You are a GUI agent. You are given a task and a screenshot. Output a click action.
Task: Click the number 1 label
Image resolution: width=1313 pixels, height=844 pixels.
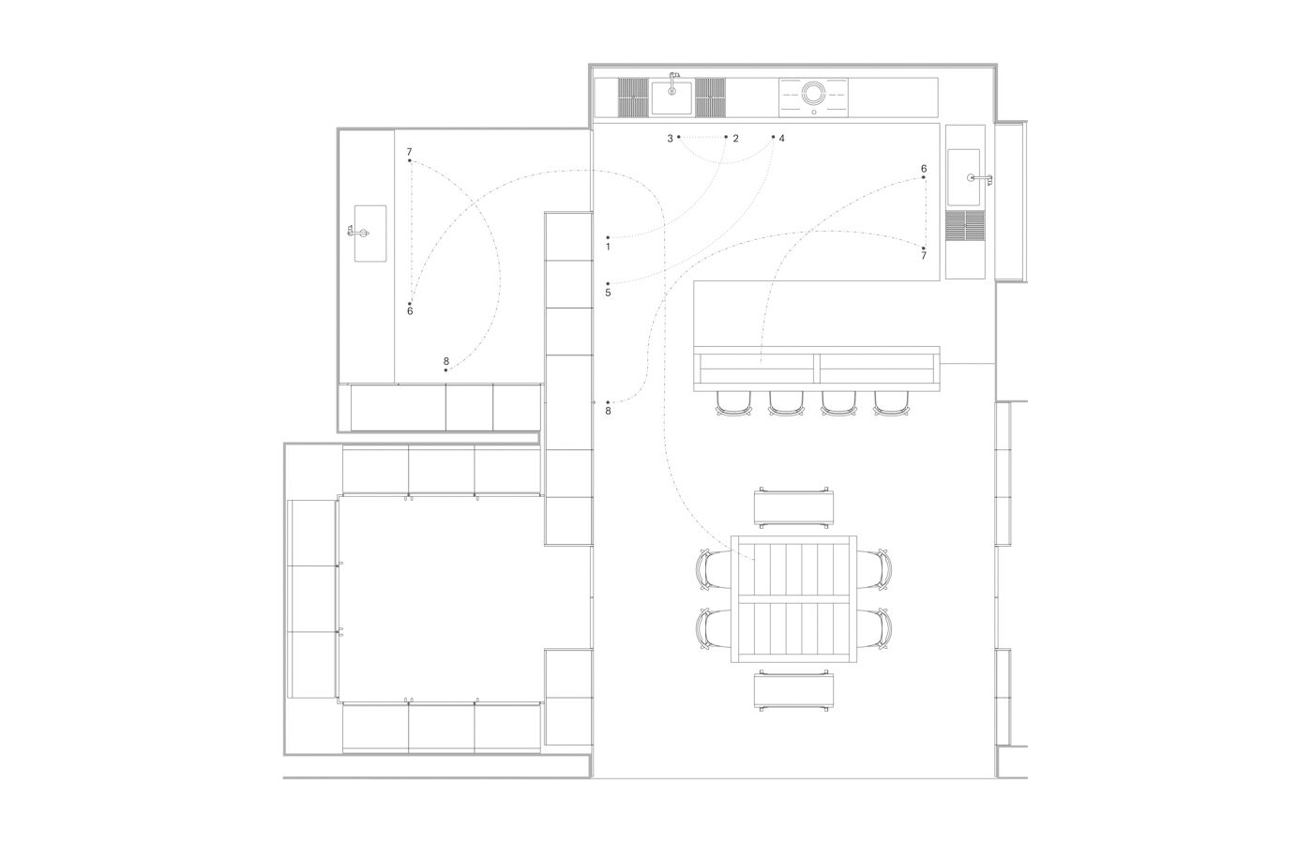click(x=608, y=248)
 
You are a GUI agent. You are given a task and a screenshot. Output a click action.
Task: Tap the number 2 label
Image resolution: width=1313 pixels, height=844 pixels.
click(x=735, y=139)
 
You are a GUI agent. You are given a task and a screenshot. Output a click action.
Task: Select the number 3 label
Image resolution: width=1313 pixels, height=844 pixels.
click(x=671, y=139)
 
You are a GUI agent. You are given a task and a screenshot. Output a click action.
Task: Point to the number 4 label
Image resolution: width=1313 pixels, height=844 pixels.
click(x=781, y=139)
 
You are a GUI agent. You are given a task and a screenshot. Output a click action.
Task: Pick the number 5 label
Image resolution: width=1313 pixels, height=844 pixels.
click(x=608, y=294)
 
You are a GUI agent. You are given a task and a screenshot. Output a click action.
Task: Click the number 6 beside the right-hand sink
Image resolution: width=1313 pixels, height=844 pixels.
click(x=924, y=169)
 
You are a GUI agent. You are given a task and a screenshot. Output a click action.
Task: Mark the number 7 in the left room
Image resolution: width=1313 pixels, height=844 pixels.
click(x=410, y=152)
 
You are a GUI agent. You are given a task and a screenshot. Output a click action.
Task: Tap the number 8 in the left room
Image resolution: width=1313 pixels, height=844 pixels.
click(x=446, y=361)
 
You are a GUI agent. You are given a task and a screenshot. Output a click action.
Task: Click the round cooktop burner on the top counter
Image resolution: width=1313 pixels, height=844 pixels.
click(x=813, y=93)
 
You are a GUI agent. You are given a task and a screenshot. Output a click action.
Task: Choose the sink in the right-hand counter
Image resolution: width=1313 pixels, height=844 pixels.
click(x=966, y=177)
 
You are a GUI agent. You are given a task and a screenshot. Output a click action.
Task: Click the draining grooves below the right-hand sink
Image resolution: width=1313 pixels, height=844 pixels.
click(x=966, y=225)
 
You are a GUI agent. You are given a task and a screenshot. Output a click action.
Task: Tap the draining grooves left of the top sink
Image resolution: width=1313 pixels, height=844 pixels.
click(x=634, y=97)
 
